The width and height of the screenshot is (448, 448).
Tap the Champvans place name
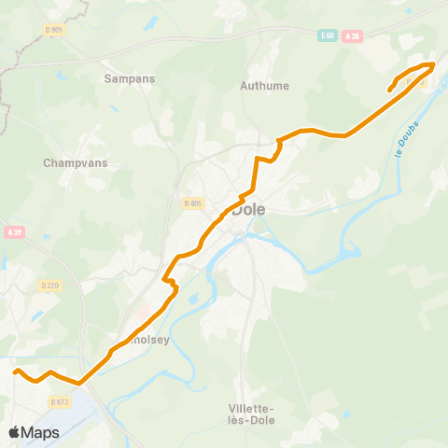click(x=76, y=162)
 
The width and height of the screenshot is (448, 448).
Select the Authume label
click(x=265, y=86)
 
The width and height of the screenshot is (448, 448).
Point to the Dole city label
click(x=249, y=209)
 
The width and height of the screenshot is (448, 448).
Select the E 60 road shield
click(x=326, y=35)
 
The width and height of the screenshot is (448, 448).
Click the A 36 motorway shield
click(x=352, y=35)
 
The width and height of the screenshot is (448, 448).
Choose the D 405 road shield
click(x=193, y=203)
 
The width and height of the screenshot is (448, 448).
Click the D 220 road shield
click(x=49, y=286)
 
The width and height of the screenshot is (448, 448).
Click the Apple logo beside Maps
click(x=14, y=432)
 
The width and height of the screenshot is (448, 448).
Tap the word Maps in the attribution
click(x=40, y=432)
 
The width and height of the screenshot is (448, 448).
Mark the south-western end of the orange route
click(x=15, y=371)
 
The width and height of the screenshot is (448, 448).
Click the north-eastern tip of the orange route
click(x=433, y=63)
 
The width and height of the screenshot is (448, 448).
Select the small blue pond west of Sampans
click(x=61, y=75)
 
